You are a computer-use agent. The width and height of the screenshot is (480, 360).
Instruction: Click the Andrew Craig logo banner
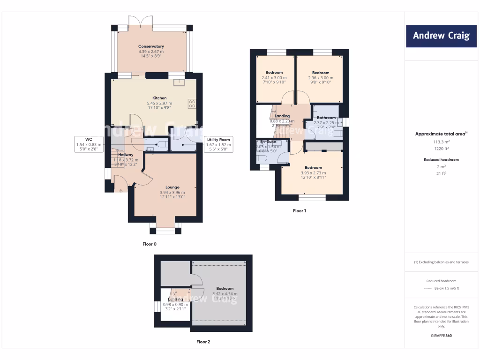click(441, 36)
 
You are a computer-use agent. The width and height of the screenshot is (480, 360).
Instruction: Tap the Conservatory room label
click(151, 46)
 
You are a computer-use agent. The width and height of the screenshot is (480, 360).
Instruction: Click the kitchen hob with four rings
click(192, 104)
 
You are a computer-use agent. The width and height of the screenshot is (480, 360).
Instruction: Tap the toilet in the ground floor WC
click(161, 144)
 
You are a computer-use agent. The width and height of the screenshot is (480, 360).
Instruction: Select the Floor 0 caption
click(150, 244)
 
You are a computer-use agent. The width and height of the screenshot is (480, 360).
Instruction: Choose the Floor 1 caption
click(299, 211)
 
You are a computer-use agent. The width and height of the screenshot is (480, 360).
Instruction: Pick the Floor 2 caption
click(203, 342)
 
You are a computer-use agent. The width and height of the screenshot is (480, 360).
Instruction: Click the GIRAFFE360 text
click(441, 336)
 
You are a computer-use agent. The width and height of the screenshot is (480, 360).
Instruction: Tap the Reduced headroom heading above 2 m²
click(441, 159)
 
